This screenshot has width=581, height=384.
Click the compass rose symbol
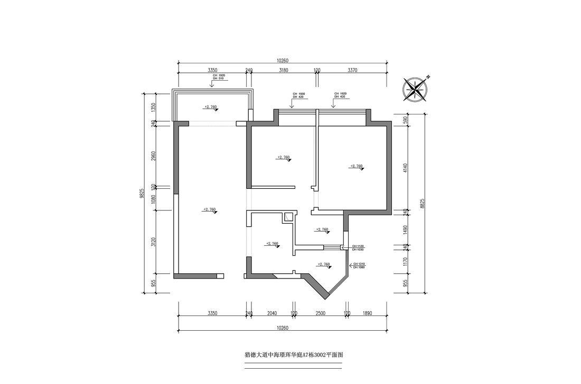point(416,89)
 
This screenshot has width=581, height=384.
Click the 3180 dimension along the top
point(283,70)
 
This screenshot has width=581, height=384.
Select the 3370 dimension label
point(353,70)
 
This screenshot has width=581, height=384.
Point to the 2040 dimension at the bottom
point(272,313)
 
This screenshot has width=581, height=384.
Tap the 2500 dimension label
point(320,313)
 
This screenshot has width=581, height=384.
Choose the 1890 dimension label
point(368,313)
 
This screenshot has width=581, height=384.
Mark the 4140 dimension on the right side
point(405,168)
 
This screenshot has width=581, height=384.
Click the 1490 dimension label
point(405,229)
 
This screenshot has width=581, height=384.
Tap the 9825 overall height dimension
point(142,193)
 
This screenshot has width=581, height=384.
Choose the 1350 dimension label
point(153,107)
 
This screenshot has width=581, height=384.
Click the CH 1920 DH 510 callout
point(219,77)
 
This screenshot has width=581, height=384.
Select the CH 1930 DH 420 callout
point(298,95)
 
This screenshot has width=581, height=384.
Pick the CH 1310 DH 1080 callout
point(359,265)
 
